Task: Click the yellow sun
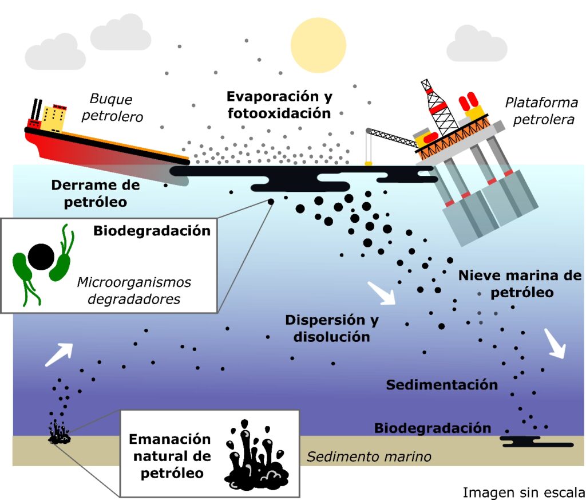tap(318, 45)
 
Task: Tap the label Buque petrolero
tap(112, 108)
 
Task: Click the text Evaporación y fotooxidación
tap(279, 104)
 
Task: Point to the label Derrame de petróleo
tap(96, 194)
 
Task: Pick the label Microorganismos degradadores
tap(134, 290)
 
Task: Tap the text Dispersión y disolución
tap(332, 328)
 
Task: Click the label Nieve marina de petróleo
tap(520, 284)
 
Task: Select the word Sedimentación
tap(442, 384)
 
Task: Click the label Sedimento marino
tap(369, 457)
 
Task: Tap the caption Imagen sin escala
tap(523, 492)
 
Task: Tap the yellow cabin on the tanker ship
tap(54, 117)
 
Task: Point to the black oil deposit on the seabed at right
tap(534, 442)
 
